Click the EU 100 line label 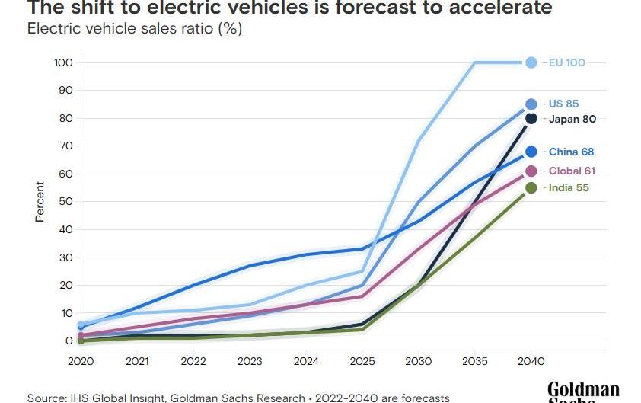pos(566,62)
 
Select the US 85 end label pos(563,104)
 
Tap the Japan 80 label pos(572,119)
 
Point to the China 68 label pos(571,152)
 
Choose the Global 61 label pos(572,171)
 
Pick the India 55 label pos(568,188)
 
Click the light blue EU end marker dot pos(531,62)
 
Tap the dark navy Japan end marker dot pos(531,119)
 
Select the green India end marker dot pos(531,188)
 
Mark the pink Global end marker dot pos(531,171)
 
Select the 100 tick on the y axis pos(63,62)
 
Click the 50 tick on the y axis pos(66,202)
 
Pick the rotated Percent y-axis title pos(40,202)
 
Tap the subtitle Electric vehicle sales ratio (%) pos(135,30)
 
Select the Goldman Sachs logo pos(583,392)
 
